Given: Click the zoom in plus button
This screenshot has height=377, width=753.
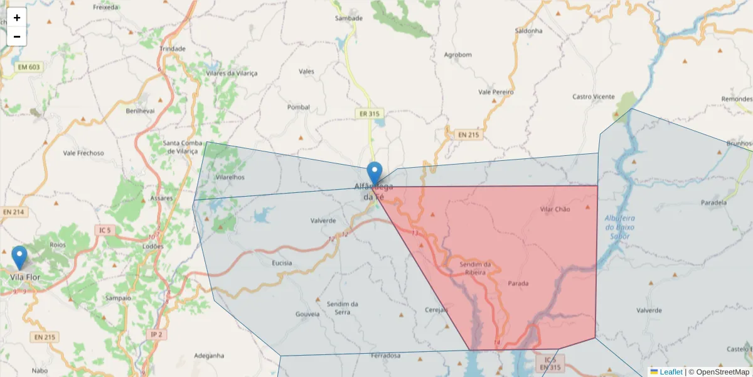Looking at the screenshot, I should pos(17,18).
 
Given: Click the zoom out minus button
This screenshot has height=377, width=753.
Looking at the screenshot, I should pos(17,36).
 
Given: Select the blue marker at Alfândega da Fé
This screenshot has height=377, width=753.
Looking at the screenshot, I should pos(375,173).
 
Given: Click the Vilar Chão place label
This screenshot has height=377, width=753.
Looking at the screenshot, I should pos(555,209).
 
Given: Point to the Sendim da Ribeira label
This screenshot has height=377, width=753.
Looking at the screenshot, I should pos(475,268).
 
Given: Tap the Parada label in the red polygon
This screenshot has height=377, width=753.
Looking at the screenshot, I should pos(518,283).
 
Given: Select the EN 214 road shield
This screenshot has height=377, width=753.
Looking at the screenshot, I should pos(13,212).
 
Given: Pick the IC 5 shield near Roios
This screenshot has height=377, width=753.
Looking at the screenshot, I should pos(104,231).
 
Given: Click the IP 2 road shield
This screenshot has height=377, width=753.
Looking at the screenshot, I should pos(156,335).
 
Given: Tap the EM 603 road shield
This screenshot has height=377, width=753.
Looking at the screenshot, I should pos(29,67).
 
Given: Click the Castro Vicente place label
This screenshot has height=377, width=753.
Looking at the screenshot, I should pos(594,97).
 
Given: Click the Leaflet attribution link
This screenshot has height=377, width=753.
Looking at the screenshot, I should pos(670,372).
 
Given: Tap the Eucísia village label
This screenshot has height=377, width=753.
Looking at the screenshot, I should pos(282,263).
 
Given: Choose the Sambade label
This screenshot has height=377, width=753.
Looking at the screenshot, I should pos(349,18).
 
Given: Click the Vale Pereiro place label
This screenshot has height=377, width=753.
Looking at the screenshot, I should pos(496,92).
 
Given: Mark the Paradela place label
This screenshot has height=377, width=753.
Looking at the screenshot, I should pos(714,203).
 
